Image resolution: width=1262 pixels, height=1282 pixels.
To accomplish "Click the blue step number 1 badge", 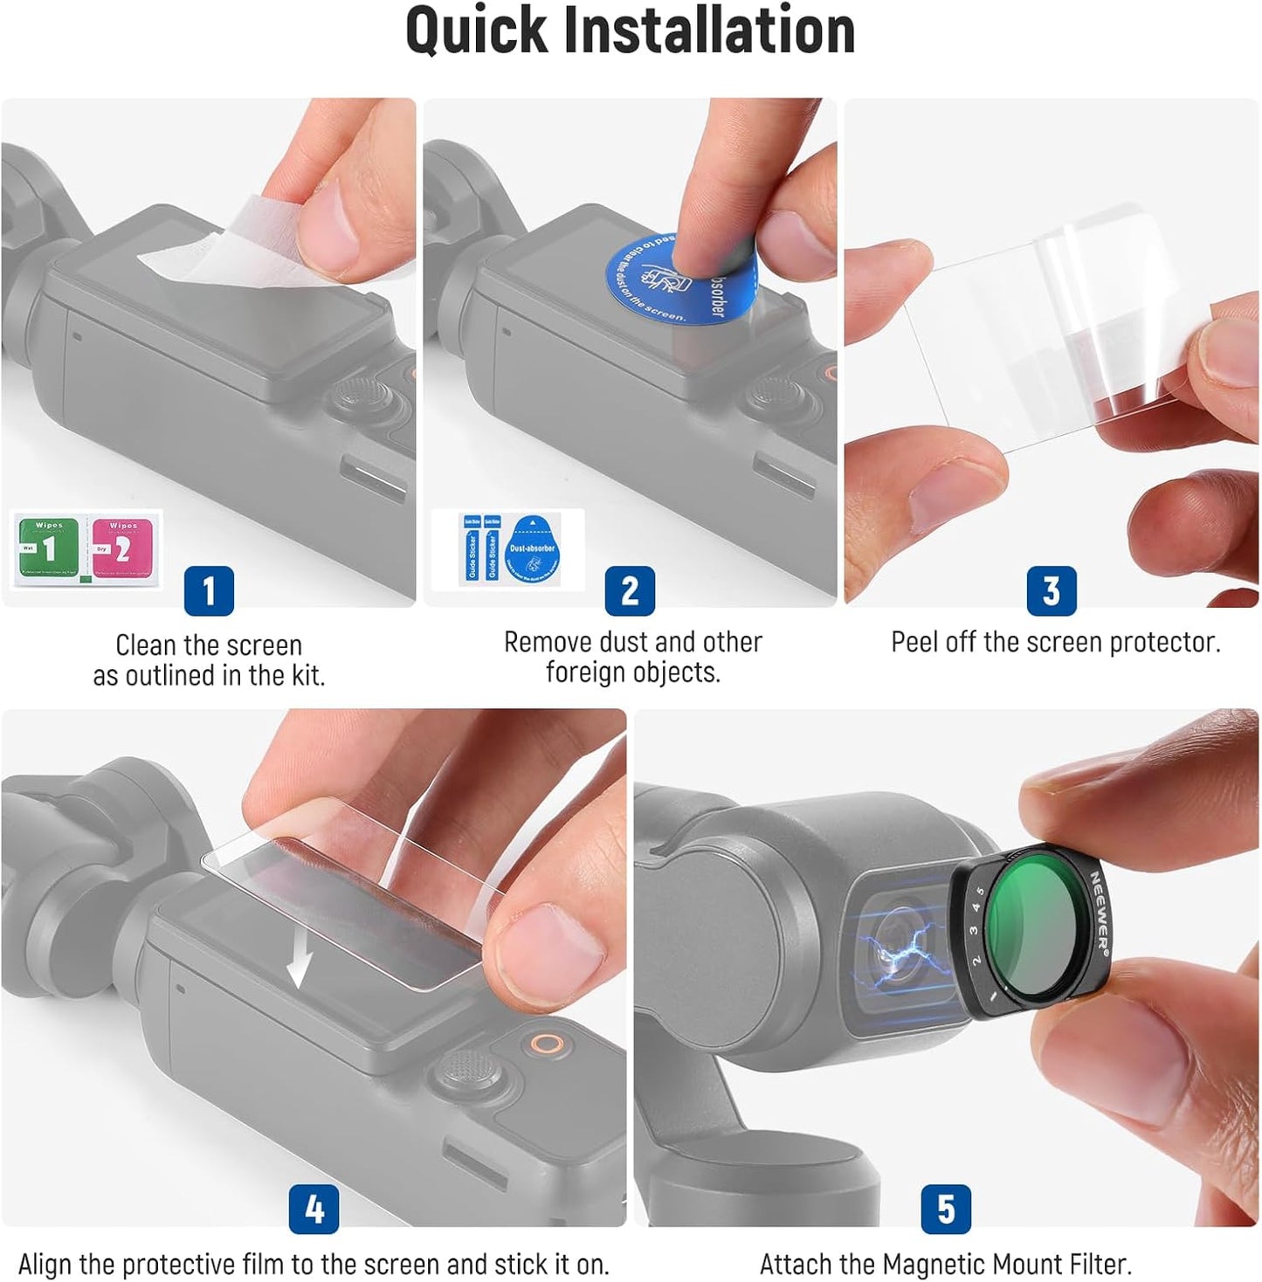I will [209, 591].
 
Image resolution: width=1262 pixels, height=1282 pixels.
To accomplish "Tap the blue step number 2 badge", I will [630, 591].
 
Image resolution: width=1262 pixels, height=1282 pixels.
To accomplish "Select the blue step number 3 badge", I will [1052, 591].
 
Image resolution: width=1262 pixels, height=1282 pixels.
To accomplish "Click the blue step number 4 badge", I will [314, 1210].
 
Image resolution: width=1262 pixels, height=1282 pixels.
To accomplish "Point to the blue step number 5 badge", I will [946, 1210].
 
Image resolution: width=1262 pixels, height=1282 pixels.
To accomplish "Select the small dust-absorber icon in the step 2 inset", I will [532, 550].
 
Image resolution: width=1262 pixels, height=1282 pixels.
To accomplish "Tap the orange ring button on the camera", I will [547, 1044].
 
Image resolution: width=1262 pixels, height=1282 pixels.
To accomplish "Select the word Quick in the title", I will [476, 31].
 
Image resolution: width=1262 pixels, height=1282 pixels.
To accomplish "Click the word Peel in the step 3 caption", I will [914, 642].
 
